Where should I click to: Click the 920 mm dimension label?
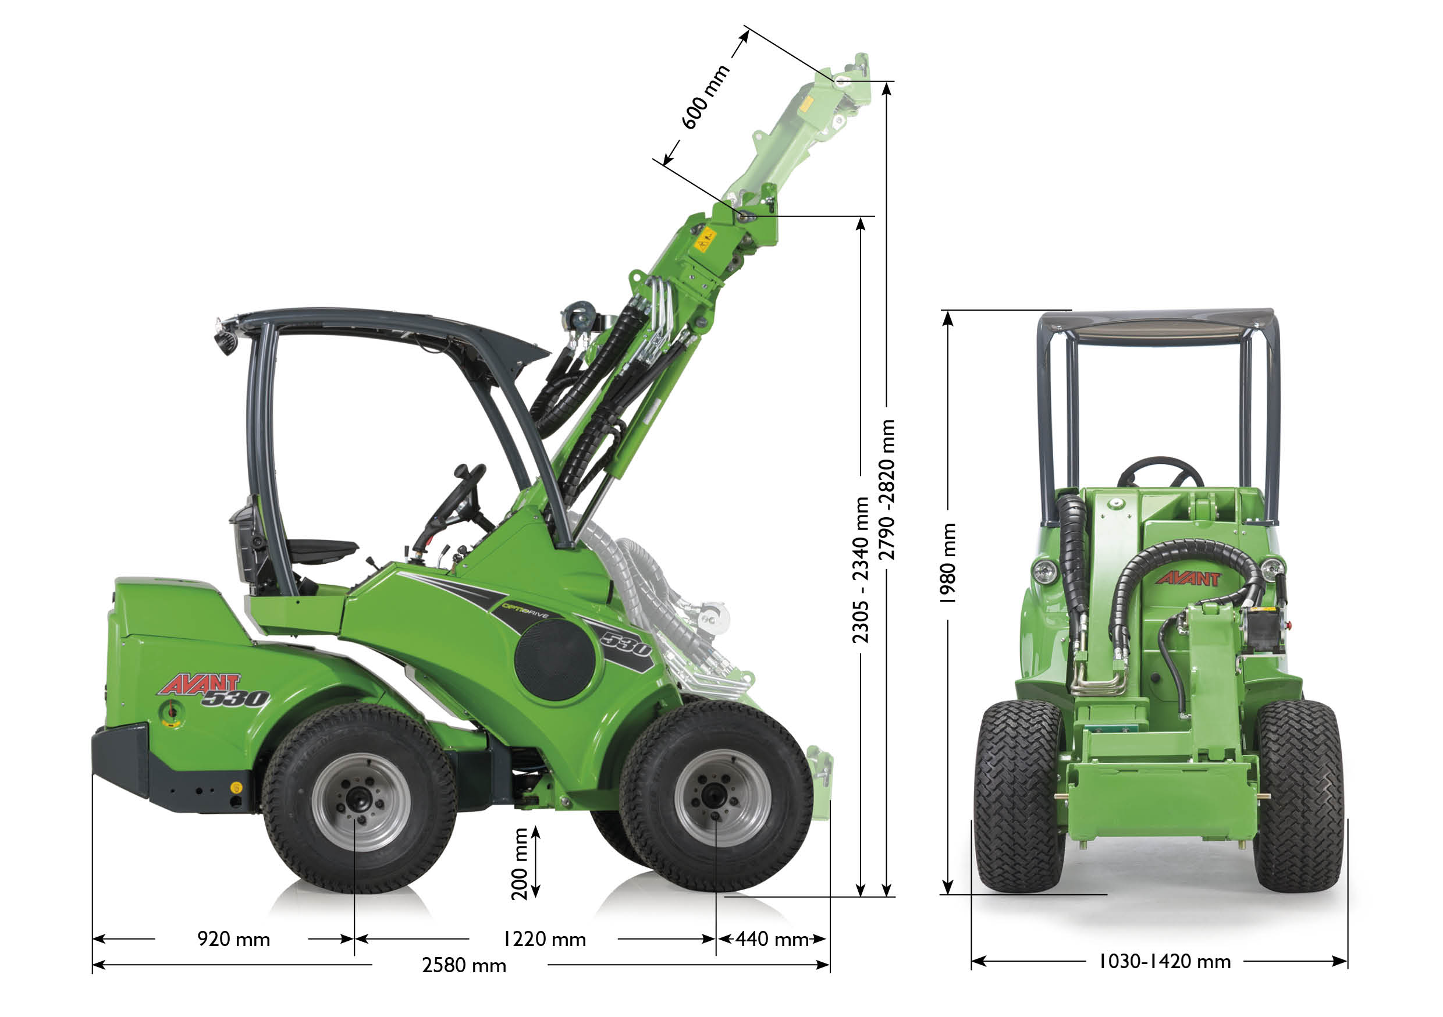234,939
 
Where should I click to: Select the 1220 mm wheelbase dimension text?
544,939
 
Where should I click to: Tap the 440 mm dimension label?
772,939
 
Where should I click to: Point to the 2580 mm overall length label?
464,965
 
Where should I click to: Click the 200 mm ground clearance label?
520,863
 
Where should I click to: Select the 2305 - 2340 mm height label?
861,570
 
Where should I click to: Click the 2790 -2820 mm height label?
886,489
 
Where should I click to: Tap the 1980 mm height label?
947,563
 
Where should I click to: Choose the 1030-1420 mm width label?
1164,961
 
